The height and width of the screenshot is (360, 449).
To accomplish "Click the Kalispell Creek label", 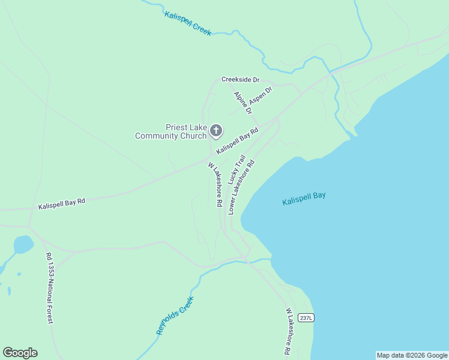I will coord(188,23).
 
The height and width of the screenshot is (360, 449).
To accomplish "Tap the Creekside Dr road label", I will coord(240,79).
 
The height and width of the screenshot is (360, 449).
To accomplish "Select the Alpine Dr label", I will coord(243,103).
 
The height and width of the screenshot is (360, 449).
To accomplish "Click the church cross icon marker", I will coord(215,130).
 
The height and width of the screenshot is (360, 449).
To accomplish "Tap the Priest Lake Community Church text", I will coord(170,131).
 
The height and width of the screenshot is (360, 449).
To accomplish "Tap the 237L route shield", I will coord(306,318).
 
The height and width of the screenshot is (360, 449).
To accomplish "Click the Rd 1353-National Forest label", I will coord(50,288).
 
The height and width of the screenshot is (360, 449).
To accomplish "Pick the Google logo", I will coord(20,353).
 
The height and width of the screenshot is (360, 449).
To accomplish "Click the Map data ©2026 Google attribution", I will coord(412,355).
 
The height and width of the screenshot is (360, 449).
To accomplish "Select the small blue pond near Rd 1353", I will coord(23,244).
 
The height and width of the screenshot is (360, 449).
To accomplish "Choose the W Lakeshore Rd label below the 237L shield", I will coord(289,331).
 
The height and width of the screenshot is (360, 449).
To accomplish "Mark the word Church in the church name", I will coord(191,136).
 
